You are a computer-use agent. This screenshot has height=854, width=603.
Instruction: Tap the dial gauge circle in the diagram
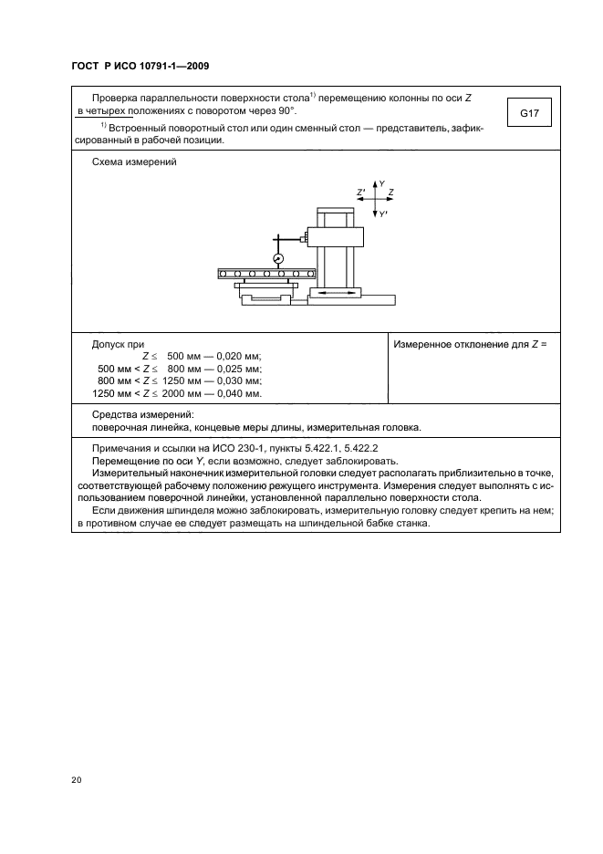[278, 258]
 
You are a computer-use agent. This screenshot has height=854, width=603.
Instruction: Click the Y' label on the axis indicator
[383, 213]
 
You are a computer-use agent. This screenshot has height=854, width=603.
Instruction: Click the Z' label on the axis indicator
[361, 193]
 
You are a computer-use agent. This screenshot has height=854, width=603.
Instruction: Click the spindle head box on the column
[338, 236]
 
